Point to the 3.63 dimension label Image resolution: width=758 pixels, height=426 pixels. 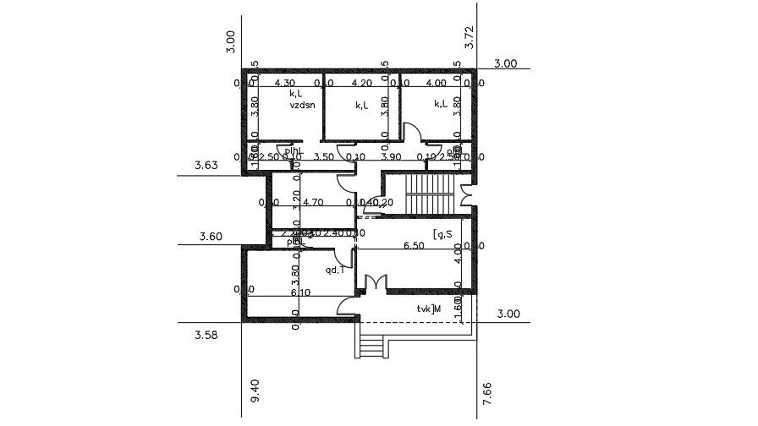(x=206, y=166)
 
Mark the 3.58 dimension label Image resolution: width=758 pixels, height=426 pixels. (x=206, y=336)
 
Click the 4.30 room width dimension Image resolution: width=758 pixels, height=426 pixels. (x=285, y=83)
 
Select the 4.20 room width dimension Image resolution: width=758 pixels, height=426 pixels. (x=361, y=83)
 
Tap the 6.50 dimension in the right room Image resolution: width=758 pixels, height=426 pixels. (x=414, y=246)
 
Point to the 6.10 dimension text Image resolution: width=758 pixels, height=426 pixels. (x=299, y=292)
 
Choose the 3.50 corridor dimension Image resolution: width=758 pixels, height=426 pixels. (x=323, y=157)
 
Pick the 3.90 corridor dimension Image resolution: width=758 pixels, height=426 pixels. (x=390, y=157)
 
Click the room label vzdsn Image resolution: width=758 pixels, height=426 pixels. (x=302, y=107)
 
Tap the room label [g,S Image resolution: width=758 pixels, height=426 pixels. (x=442, y=233)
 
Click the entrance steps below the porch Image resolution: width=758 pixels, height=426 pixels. (x=369, y=343)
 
